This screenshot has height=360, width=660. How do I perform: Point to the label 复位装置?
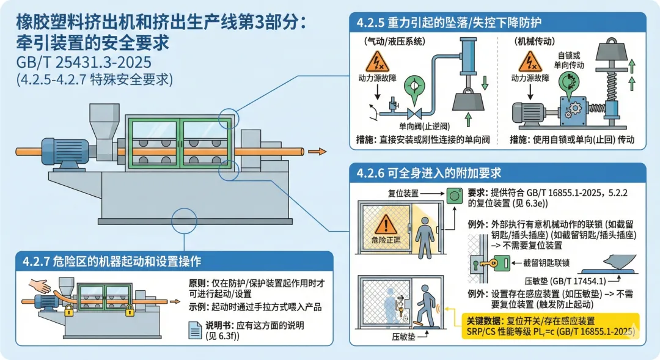[403, 193]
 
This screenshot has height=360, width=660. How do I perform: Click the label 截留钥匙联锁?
[547, 263]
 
